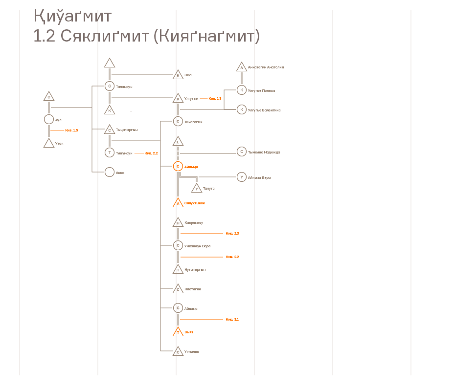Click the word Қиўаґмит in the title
72,17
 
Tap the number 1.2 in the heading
44,36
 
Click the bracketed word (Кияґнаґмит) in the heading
206,36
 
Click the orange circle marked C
178,167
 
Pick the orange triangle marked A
178,203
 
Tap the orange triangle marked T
178,332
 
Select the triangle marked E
178,142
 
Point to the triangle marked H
178,223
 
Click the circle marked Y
242,177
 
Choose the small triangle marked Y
197,189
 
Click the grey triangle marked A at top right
242,67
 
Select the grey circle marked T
110,152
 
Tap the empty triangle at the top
110,63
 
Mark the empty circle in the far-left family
49,119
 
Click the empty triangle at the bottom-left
49,143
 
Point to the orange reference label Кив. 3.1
232,320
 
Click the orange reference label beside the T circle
151,153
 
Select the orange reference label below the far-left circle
71,130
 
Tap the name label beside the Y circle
259,178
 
